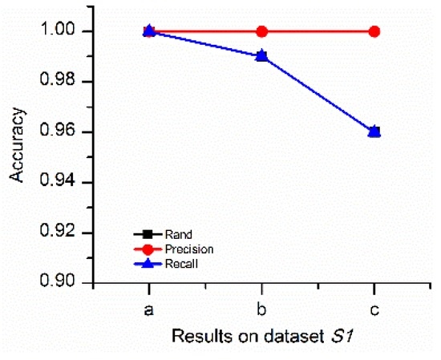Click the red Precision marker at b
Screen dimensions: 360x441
click(261, 31)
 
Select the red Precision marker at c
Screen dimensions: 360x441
click(374, 31)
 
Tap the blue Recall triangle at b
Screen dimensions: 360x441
click(261, 56)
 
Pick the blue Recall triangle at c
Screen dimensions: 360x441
click(374, 131)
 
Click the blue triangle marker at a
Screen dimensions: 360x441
click(148, 30)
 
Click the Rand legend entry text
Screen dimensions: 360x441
click(177, 235)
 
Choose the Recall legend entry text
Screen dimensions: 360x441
click(181, 263)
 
